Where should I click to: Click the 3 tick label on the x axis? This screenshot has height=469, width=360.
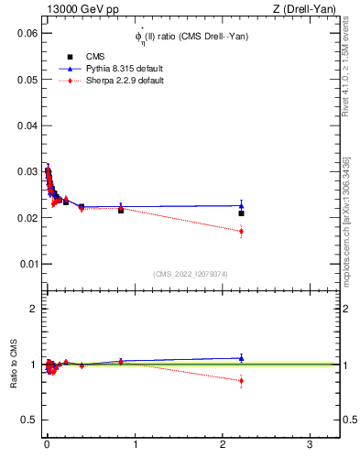[x=311, y=444]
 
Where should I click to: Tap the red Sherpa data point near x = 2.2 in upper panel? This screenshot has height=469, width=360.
[x=241, y=232]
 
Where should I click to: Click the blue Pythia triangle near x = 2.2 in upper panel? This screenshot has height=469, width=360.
[x=241, y=205]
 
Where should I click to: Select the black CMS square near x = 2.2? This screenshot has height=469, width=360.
[x=241, y=213]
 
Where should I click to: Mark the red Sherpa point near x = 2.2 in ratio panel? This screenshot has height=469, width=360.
[x=241, y=380]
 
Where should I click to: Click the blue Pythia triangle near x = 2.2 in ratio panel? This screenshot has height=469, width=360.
[x=241, y=357]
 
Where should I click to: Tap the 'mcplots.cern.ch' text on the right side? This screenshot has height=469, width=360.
[x=350, y=211]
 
